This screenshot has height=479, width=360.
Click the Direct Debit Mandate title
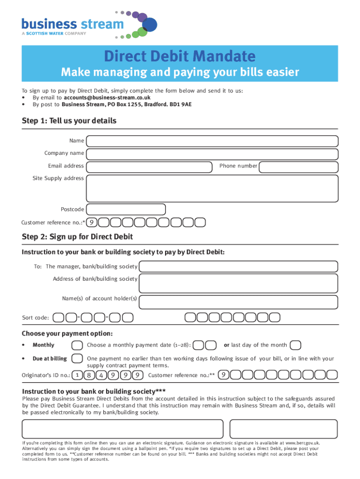pos(180,57)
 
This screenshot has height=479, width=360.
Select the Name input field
pos(212,141)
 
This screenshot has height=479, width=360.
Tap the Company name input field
pos(212,153)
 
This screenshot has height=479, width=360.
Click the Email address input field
pos(149,166)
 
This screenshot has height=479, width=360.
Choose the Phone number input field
pos(298,166)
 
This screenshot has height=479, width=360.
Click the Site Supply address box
pos(212,187)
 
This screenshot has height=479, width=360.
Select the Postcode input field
pos(126,210)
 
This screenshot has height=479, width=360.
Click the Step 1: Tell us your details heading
pos(69,121)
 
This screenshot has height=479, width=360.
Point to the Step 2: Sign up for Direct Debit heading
pos(77,237)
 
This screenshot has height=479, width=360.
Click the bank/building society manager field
pos(238,267)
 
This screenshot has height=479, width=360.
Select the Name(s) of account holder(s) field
pos(238,299)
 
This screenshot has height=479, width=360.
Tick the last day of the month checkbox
pos(295,345)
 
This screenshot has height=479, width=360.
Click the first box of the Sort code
pos(59,318)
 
